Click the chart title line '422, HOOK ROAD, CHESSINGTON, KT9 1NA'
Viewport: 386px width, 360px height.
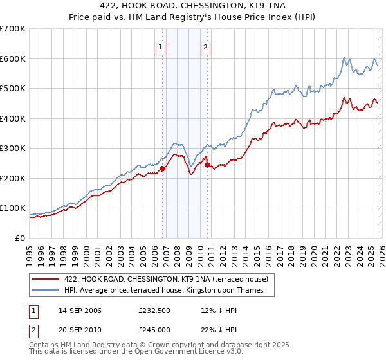pos(192,6)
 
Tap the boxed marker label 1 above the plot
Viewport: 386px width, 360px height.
pos(160,46)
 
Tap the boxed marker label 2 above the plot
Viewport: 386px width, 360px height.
pos(205,46)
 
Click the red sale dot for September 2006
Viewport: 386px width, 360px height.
pos(162,168)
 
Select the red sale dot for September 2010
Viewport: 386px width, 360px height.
pos(208,165)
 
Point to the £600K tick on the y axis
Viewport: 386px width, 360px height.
pos(13,59)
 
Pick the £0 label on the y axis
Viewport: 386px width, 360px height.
pos(21,238)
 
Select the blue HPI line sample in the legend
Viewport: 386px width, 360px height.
pos(46,291)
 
